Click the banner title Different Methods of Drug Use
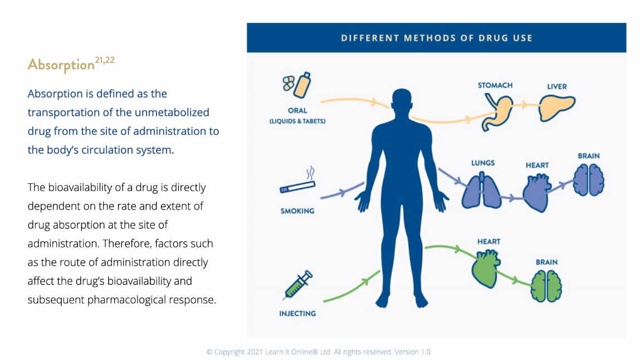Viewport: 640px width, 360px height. tap(437, 38)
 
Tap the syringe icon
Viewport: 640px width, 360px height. tap(297, 286)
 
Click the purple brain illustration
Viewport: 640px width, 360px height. tap(588, 180)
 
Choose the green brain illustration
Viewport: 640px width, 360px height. tap(546, 286)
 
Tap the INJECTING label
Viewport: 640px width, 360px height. tap(297, 314)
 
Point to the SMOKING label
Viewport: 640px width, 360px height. tap(297, 211)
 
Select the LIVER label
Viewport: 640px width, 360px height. tap(556, 86)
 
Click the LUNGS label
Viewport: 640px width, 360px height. tap(482, 163)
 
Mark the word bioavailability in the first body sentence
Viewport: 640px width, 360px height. tap(89, 187)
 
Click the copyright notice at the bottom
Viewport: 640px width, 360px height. tap(318, 352)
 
